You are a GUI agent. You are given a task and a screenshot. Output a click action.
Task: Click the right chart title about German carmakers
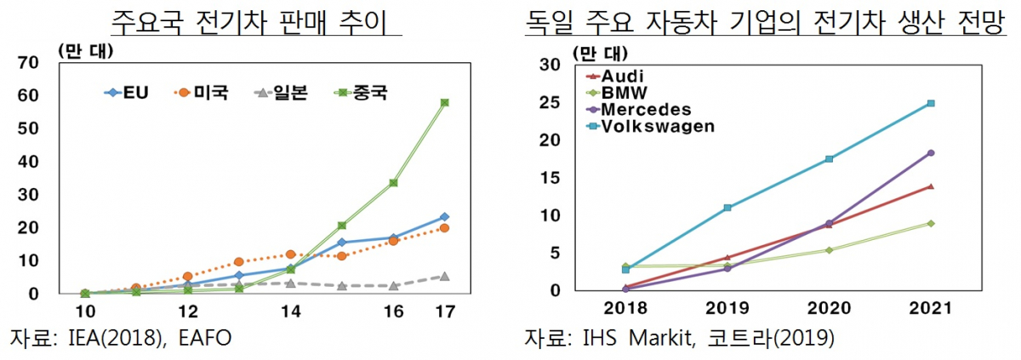(764, 20)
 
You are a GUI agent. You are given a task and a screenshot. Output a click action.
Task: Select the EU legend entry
(127, 92)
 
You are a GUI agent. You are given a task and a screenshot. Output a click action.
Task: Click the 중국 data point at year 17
(444, 103)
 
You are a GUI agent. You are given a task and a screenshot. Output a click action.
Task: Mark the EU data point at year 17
(444, 217)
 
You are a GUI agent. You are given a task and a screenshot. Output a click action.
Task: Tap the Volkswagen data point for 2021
(930, 104)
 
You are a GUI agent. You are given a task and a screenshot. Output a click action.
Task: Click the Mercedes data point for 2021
(930, 153)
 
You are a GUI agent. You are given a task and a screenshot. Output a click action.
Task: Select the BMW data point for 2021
(930, 223)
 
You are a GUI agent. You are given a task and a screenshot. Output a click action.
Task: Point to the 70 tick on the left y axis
(28, 62)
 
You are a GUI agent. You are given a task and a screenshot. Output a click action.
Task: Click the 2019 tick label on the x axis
(727, 306)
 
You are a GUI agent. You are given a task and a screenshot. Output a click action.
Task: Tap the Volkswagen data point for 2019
(727, 208)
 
